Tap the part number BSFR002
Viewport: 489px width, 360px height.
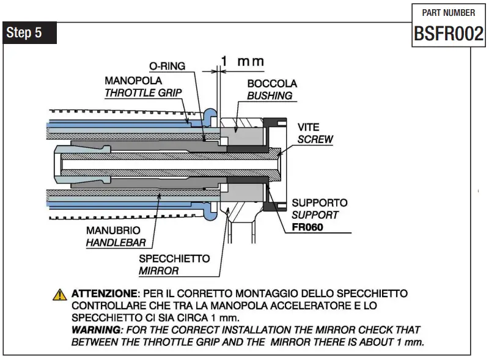449,34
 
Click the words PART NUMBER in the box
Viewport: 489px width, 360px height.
449,13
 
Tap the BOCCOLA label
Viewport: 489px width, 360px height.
272,83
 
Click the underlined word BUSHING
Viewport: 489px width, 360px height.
270,95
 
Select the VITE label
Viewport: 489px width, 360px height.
308,127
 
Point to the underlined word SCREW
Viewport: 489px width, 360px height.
315,139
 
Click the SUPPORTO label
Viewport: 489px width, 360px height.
319,202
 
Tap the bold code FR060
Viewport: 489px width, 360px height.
307,227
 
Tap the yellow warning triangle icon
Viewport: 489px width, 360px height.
59,295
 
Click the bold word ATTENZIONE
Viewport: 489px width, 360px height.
103,294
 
